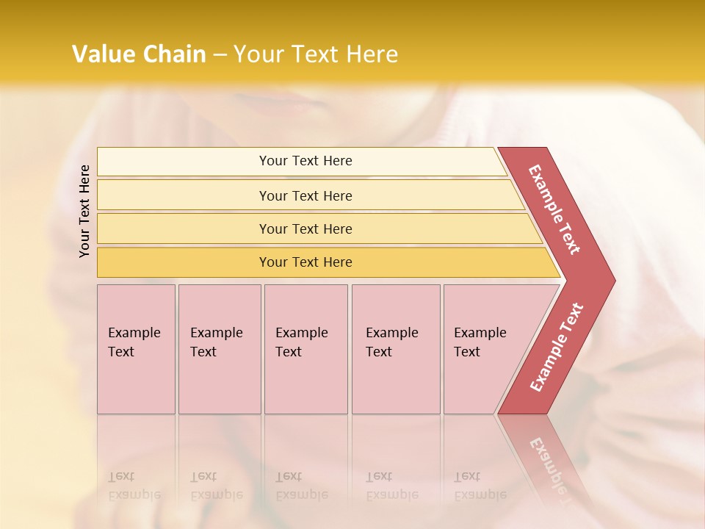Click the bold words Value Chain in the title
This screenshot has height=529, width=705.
point(139,54)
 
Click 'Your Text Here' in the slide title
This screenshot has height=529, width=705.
point(316,54)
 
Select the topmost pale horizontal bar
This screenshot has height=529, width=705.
point(301,161)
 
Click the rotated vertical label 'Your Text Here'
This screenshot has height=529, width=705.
point(85,211)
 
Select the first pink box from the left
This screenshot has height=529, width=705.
point(136,349)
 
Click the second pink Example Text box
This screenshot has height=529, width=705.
point(219,349)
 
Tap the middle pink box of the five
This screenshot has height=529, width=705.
point(305,349)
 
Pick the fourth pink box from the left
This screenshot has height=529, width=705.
point(395,349)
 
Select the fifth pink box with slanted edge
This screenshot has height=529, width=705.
point(485,349)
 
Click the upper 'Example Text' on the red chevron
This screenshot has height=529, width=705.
point(554,209)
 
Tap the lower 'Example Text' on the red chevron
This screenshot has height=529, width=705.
point(557,347)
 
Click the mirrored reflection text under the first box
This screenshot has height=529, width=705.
point(134,486)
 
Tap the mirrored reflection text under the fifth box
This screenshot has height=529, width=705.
point(480,486)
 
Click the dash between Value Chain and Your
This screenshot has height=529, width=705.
point(220,55)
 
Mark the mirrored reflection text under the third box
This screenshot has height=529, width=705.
point(301,486)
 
